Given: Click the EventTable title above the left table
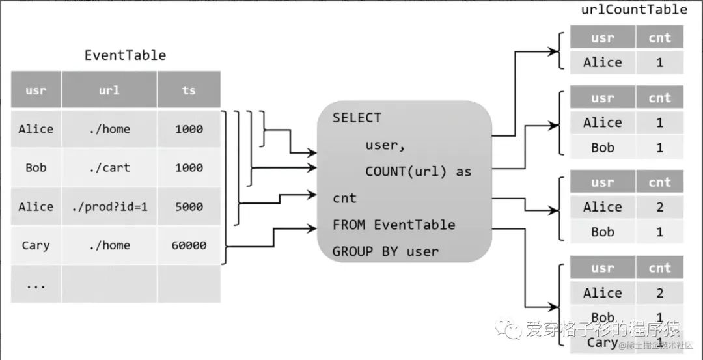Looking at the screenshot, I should (x=125, y=55).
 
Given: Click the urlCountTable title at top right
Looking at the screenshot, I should (x=633, y=9).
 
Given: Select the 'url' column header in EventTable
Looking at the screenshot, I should (x=109, y=90).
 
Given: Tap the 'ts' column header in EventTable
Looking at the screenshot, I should (x=189, y=90).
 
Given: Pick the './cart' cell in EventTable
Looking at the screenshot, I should (x=109, y=167).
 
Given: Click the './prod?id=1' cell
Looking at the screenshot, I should (x=109, y=206).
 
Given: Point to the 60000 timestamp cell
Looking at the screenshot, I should (x=189, y=245).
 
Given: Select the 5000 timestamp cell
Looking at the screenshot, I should (x=189, y=206).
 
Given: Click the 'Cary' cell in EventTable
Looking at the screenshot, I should (x=36, y=245).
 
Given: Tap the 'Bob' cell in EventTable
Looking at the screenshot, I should (x=36, y=167).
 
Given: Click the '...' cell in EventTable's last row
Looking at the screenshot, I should (x=36, y=284).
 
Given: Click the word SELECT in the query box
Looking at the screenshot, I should (x=357, y=118).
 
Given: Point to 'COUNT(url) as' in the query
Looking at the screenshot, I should (x=418, y=172).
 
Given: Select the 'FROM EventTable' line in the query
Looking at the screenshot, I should (x=394, y=225).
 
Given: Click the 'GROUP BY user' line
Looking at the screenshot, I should (x=385, y=251).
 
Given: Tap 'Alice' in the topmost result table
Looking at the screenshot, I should (x=602, y=62).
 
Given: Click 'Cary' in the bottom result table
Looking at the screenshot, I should (x=602, y=342).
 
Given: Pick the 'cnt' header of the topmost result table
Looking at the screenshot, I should (x=659, y=38).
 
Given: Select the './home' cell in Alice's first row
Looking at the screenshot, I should (x=109, y=129).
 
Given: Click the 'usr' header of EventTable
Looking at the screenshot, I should (x=36, y=90).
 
